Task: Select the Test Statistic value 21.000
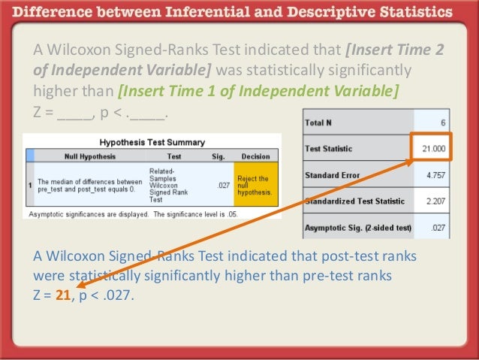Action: pyautogui.click(x=432, y=149)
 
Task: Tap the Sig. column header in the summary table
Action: pyautogui.click(x=219, y=156)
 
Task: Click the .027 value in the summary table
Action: pyautogui.click(x=221, y=184)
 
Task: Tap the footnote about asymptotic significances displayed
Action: pyautogui.click(x=143, y=213)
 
